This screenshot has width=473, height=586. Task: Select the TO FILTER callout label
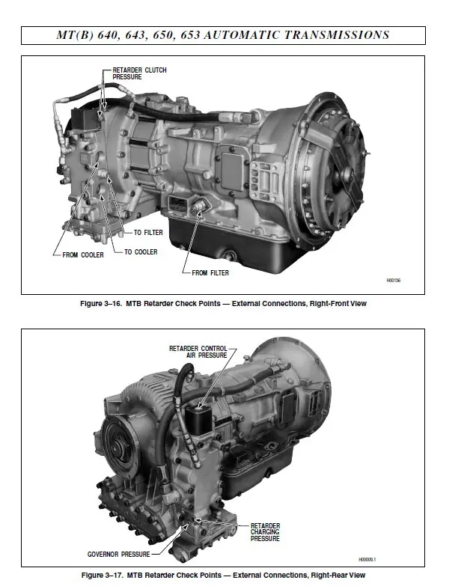147,233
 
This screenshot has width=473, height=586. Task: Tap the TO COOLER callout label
141,252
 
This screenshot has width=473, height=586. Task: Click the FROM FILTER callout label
210,273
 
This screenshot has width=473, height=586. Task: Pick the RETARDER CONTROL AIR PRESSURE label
198,352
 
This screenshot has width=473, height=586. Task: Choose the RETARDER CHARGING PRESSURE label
265,532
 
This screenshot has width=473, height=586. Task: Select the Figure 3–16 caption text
223,304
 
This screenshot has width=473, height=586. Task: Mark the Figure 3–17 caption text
223,575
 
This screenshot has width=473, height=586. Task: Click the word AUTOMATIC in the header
263,34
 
